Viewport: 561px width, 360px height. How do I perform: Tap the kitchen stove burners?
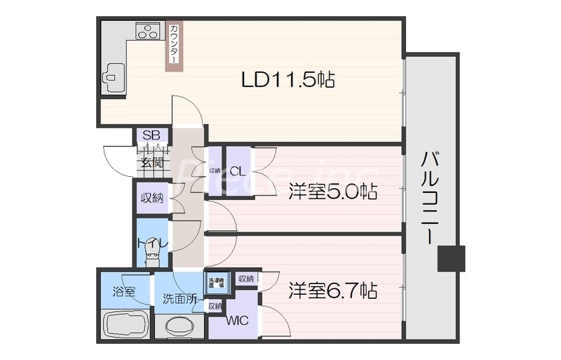[x=148, y=32]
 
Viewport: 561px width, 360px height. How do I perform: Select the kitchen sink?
[x=113, y=72]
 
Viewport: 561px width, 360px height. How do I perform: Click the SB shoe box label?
[x=151, y=135]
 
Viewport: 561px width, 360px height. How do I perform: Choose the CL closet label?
[x=236, y=171]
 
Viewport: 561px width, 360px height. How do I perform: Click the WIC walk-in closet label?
[x=236, y=321]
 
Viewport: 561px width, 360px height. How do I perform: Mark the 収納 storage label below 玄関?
[x=151, y=198]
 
